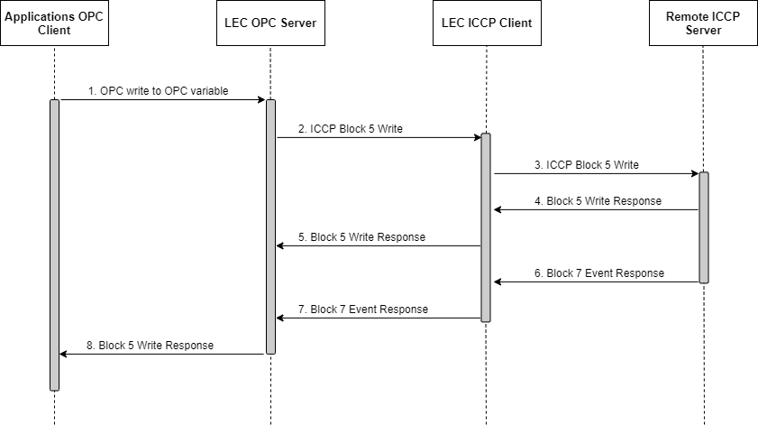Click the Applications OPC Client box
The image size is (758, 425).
[54, 23]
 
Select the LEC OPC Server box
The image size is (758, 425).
[270, 23]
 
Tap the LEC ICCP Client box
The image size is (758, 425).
[487, 23]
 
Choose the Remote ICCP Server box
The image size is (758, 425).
[703, 23]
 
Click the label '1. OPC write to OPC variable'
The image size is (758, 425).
[158, 91]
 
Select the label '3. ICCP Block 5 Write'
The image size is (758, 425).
[586, 165]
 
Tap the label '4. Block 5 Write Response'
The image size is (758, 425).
[598, 201]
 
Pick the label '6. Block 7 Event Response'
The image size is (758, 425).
[598, 273]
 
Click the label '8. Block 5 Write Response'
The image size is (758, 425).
[150, 346]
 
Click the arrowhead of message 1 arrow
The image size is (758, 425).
[261, 100]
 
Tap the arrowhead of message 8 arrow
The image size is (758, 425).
[63, 354]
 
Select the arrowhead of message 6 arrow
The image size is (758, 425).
[496, 282]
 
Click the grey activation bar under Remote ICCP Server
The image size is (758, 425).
[703, 227]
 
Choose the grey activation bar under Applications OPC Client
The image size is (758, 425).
[54, 245]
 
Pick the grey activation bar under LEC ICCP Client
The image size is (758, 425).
[487, 227]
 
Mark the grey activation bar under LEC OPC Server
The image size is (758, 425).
[270, 226]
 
